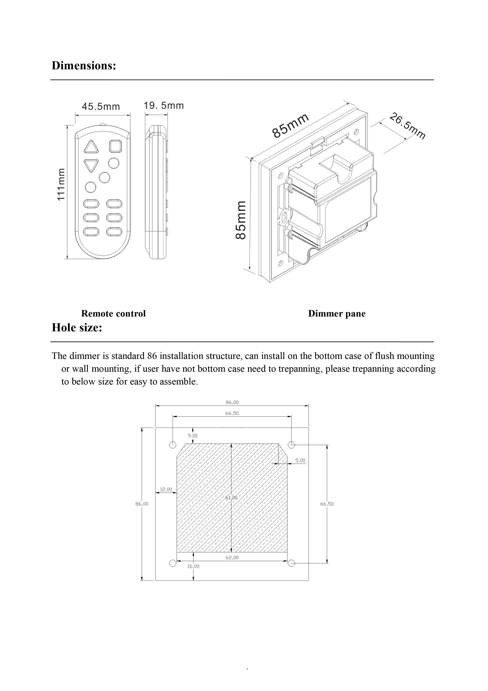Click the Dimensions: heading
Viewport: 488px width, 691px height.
[x=84, y=66]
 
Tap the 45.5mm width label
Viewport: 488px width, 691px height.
[x=101, y=107]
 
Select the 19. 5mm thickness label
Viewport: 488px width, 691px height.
[x=164, y=106]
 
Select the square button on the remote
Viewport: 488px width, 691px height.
[x=115, y=147]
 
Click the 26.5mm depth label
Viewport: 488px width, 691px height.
[x=407, y=126]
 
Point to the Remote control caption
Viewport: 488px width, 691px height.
[x=113, y=314]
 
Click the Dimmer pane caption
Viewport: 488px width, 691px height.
[x=337, y=314]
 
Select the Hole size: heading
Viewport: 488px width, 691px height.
[x=77, y=327]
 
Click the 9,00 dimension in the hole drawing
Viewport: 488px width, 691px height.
[x=193, y=436]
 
